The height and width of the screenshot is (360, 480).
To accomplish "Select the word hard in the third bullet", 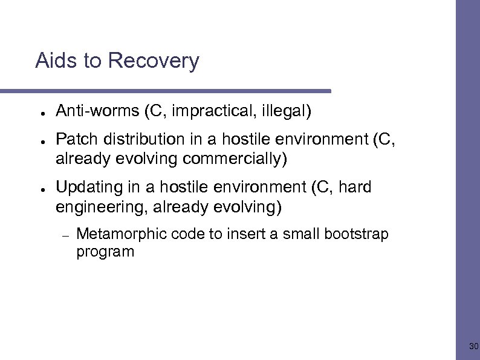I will click(x=355, y=188).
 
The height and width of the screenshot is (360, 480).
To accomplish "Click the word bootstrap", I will click(x=356, y=234).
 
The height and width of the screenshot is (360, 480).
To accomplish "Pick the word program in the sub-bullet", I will click(x=105, y=252).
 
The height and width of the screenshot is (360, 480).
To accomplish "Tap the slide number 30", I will click(x=473, y=347).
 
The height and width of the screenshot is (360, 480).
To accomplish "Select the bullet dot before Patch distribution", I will click(x=37, y=140).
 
